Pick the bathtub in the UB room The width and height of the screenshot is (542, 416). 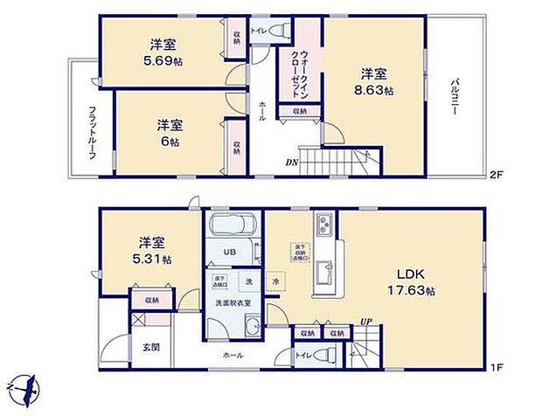coord(233,229)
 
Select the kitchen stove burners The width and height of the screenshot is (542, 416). coord(323,226)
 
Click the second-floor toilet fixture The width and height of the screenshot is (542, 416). coord(279,31)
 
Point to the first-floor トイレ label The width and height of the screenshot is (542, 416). coord(302,356)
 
